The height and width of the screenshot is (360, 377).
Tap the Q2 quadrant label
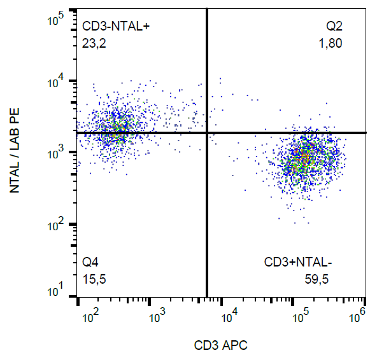click(334, 26)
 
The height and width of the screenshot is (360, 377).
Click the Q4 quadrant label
click(90, 262)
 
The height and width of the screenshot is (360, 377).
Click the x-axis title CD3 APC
click(220, 345)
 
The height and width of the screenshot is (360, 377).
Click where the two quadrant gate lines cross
click(207, 132)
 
